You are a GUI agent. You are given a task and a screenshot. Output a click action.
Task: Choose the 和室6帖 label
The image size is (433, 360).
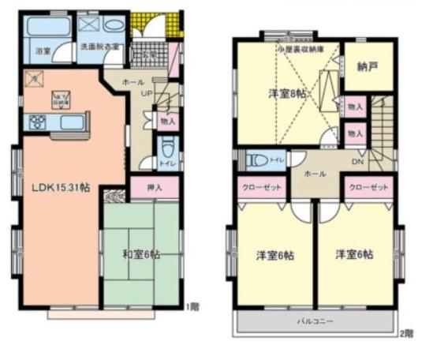[142, 254]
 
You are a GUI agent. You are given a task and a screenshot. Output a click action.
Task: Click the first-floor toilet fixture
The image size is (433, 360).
[166, 149]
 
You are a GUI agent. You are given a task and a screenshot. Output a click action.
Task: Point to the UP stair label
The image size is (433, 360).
[146, 93]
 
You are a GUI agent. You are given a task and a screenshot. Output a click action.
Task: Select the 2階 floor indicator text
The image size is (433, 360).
[406, 333]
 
